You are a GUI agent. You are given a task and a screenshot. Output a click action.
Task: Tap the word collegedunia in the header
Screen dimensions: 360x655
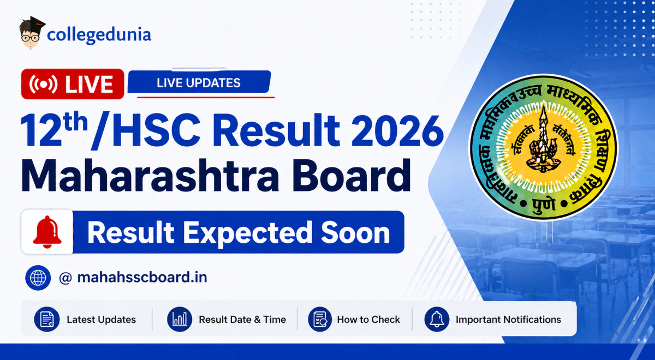pyautogui.click(x=99, y=35)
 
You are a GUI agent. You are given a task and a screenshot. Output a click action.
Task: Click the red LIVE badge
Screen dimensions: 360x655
pyautogui.click(x=72, y=84)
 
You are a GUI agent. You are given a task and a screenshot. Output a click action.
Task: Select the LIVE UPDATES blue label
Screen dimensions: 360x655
pyautogui.click(x=199, y=83)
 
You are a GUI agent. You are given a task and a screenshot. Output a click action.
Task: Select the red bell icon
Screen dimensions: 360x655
pyautogui.click(x=47, y=232)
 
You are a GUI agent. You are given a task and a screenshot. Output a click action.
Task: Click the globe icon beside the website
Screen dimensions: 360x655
pyautogui.click(x=38, y=278)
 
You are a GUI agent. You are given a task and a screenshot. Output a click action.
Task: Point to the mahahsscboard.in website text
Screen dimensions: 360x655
pyautogui.click(x=142, y=278)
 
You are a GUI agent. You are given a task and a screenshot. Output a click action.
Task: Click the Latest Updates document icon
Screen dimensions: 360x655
pyautogui.click(x=47, y=320)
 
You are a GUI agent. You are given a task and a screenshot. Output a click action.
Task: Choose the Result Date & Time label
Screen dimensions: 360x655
pyautogui.click(x=242, y=320)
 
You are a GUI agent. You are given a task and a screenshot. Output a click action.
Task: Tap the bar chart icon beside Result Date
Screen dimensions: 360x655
pyautogui.click(x=180, y=320)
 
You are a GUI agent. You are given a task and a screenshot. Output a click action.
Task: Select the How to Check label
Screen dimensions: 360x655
pyautogui.click(x=368, y=320)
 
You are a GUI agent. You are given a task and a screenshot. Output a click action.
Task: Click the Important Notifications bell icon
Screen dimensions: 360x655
pyautogui.click(x=437, y=320)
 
